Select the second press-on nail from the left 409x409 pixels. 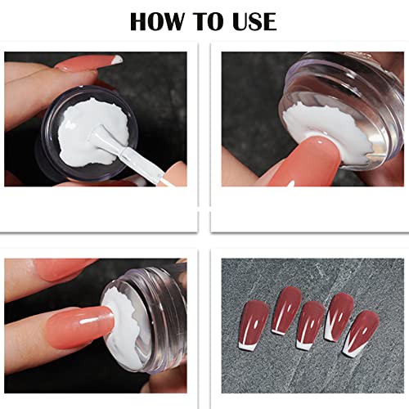285,307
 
